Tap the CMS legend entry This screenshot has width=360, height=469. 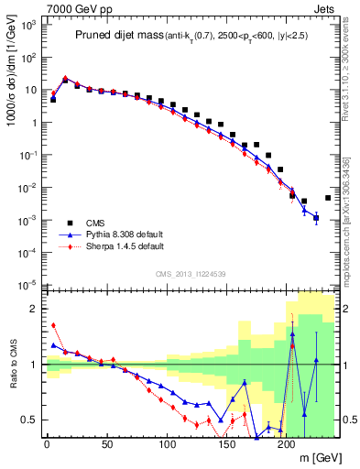[x=96, y=223]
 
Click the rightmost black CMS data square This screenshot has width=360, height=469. [x=329, y=197]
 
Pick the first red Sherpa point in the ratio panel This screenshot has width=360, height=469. [x=53, y=324]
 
